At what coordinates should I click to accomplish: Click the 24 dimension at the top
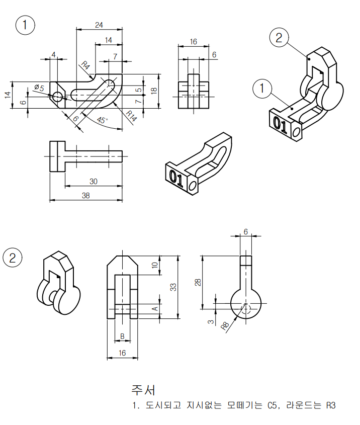pyautogui.click(x=99, y=25)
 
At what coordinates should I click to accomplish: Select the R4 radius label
pyautogui.click(x=85, y=65)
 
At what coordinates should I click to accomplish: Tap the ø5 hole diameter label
pyautogui.click(x=39, y=88)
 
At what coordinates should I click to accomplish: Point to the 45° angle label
pyautogui.click(x=102, y=120)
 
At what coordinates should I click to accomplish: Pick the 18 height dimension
pyautogui.click(x=154, y=90)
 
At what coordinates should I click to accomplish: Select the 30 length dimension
pyautogui.click(x=94, y=181)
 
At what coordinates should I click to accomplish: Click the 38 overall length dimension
pyautogui.click(x=85, y=196)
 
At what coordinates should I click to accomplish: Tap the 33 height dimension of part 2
pyautogui.click(x=173, y=287)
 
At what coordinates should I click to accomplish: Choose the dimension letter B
pyautogui.click(x=122, y=336)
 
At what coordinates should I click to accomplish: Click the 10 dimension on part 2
pyautogui.click(x=154, y=265)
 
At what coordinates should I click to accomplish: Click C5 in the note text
pyautogui.click(x=272, y=405)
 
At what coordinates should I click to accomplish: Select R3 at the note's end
pyautogui.click(x=330, y=405)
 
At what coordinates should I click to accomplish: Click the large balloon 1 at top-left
pyautogui.click(x=26, y=25)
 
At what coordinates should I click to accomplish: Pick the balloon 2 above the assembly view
pyautogui.click(x=279, y=37)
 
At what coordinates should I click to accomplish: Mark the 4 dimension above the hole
pyautogui.click(x=54, y=54)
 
